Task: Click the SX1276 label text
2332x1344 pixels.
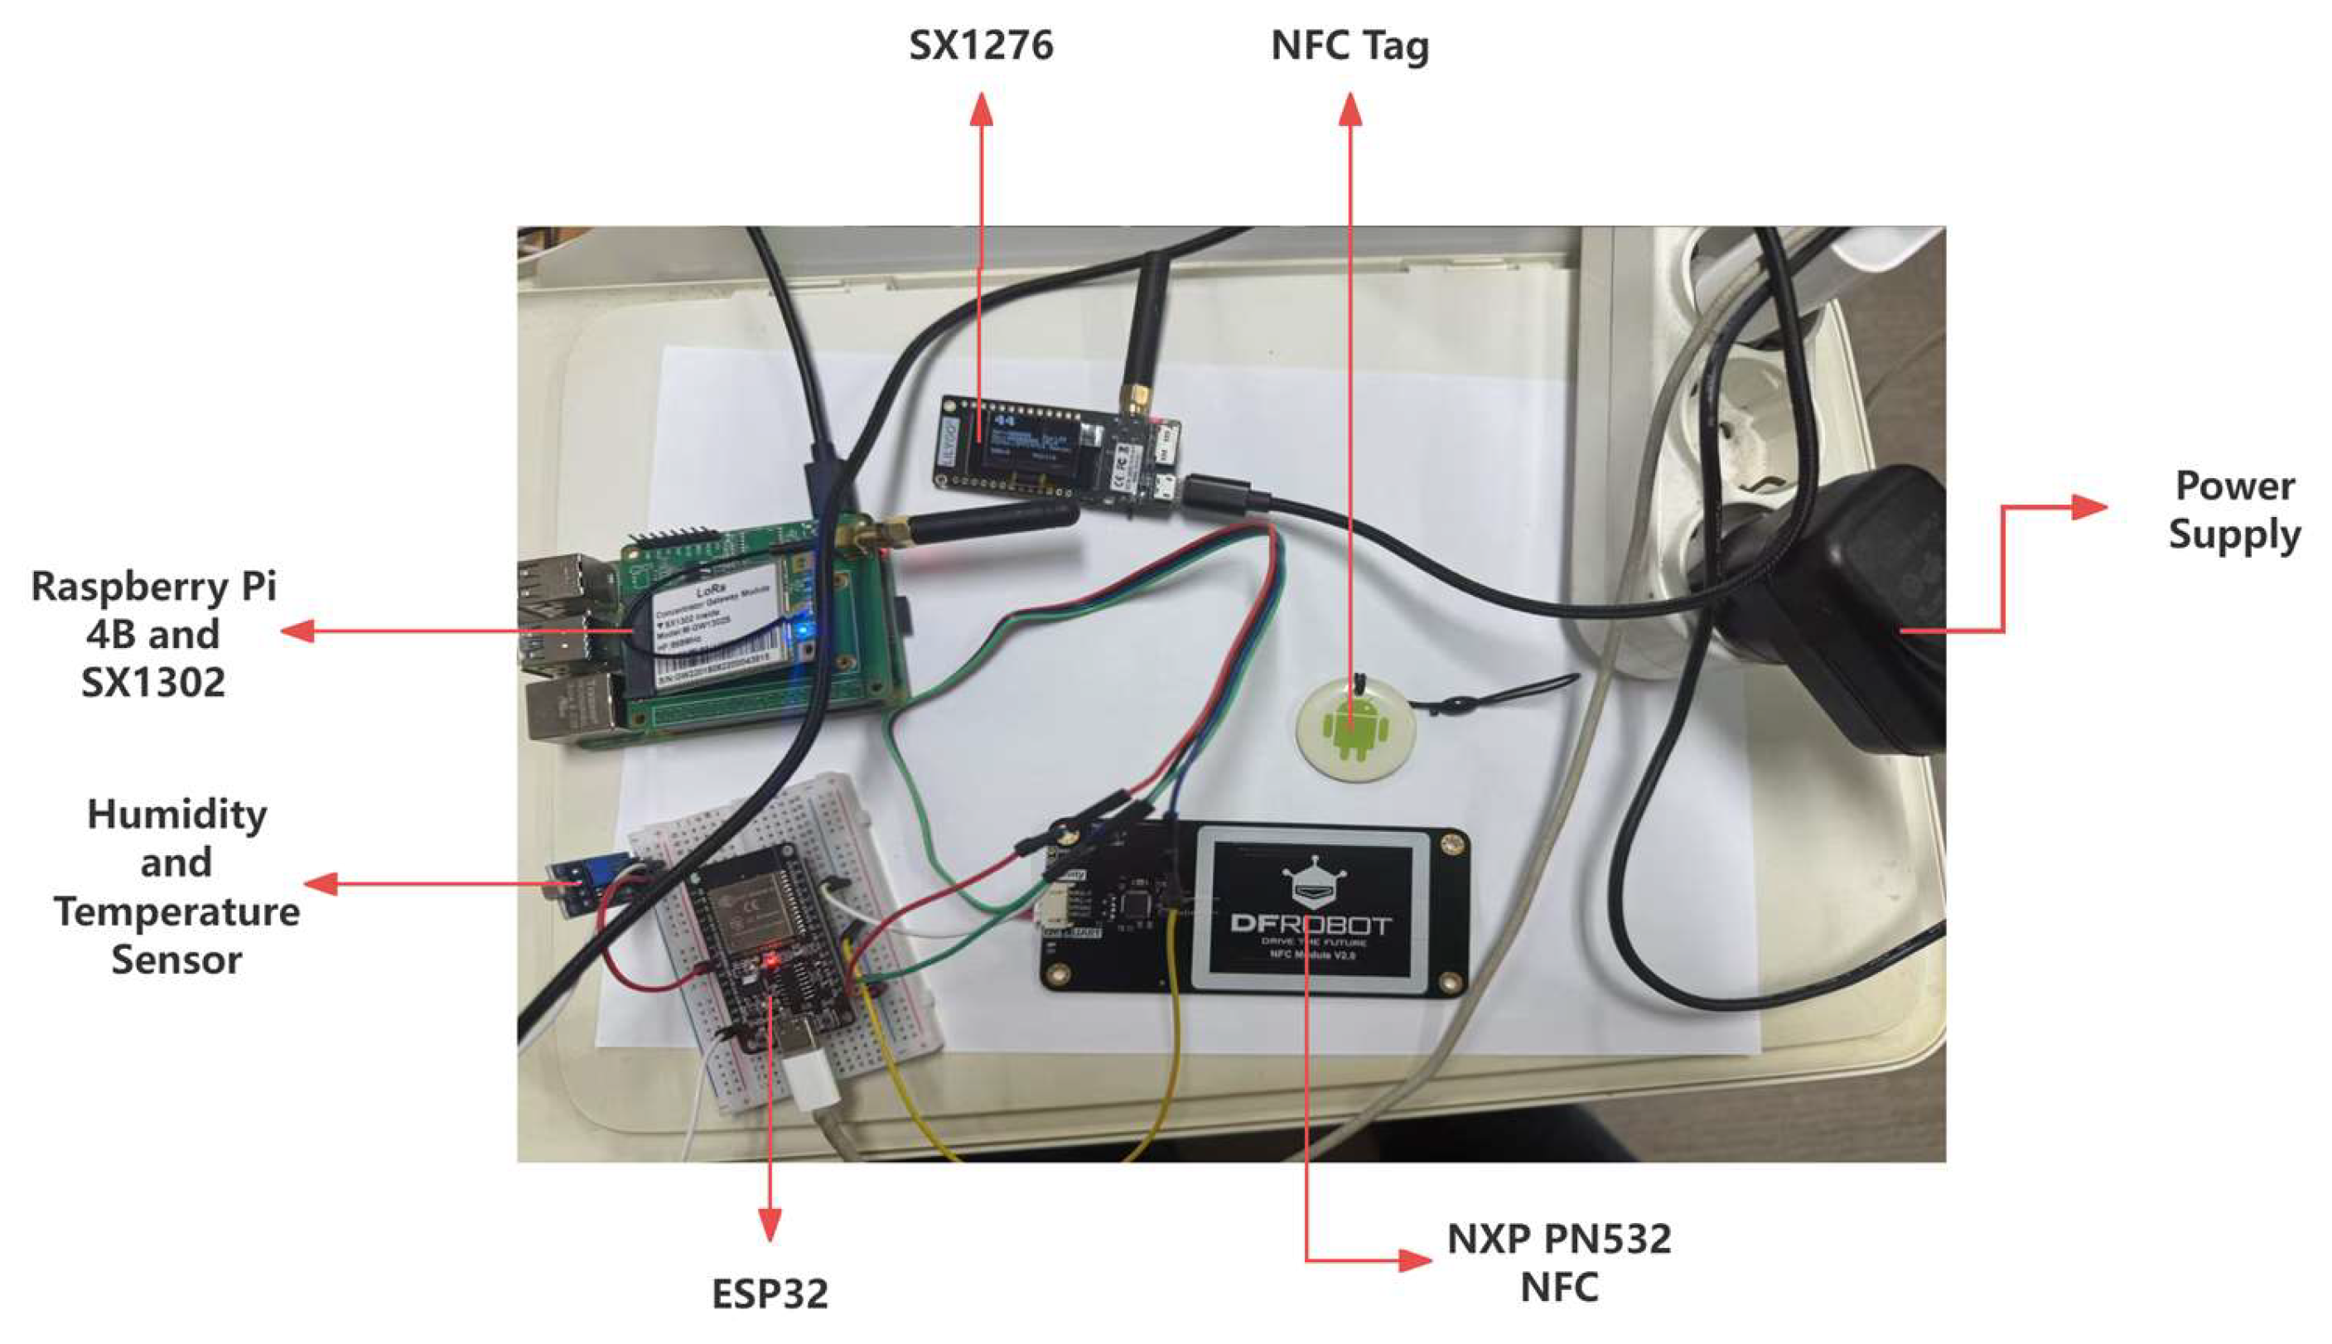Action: tap(980, 46)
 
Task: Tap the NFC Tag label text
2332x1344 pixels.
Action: tap(1349, 46)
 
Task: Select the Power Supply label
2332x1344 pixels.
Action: tap(2233, 510)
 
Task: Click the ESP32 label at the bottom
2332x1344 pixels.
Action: tap(770, 1293)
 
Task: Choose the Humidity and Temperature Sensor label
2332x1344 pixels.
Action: tap(176, 886)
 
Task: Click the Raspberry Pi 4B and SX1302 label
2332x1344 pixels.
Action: tap(153, 634)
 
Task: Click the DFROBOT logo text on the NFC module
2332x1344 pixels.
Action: tap(1311, 923)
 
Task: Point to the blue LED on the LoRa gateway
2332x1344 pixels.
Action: tap(804, 631)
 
